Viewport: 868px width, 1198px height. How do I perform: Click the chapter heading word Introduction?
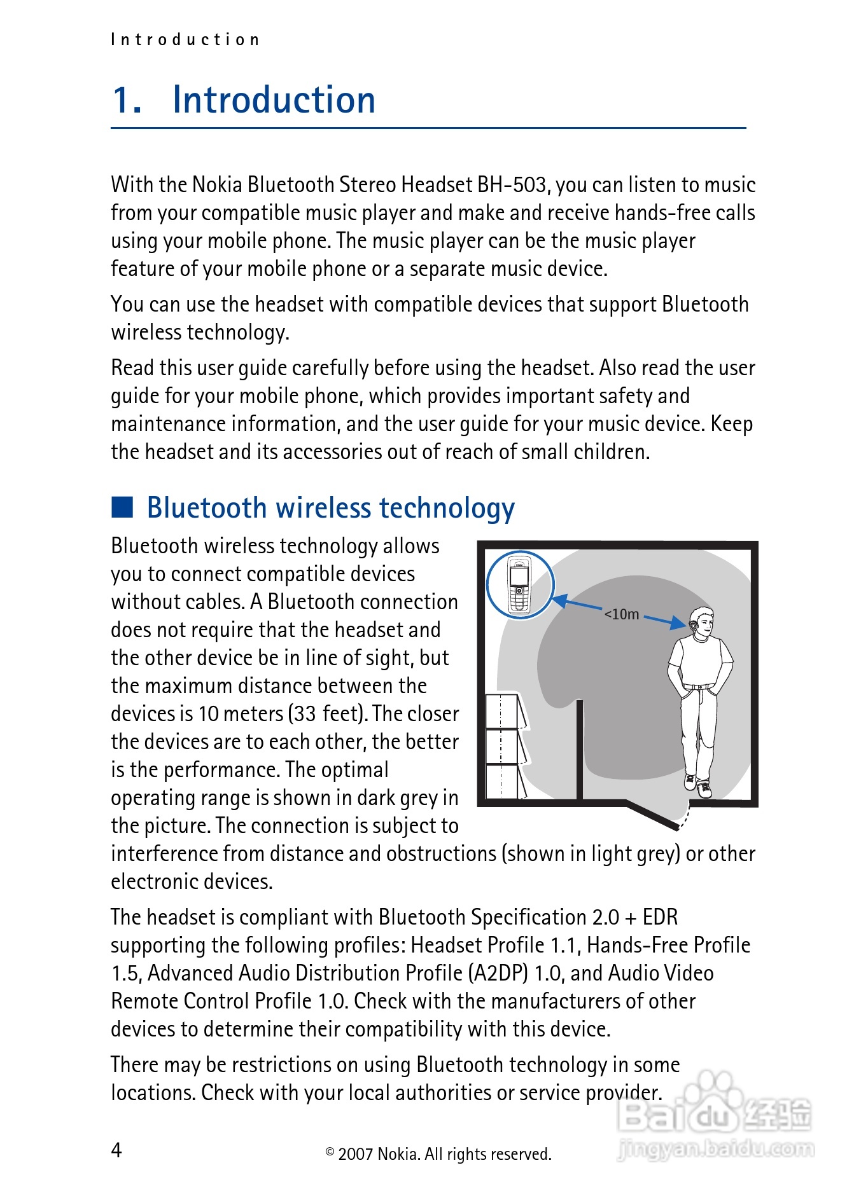coord(274,100)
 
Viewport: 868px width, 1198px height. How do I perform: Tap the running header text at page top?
coord(185,40)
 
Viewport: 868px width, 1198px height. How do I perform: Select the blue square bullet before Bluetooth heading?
coord(122,507)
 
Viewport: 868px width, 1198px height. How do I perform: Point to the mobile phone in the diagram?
coord(520,585)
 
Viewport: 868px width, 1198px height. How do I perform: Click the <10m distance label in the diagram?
coord(622,614)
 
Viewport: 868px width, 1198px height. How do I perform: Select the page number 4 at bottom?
coord(116,1150)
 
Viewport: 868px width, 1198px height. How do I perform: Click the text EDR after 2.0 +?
coord(660,917)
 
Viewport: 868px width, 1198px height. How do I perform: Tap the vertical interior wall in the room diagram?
coord(580,750)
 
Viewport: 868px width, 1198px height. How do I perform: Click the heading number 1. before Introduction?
coord(127,100)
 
